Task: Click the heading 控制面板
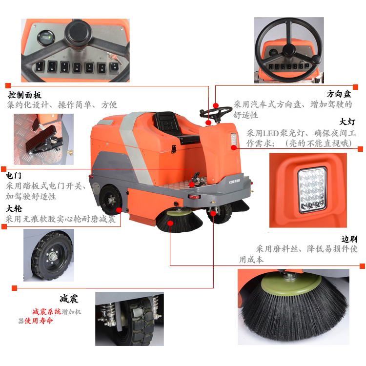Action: coord(25,95)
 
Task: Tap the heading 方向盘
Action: coord(339,94)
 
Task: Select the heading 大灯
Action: coord(347,122)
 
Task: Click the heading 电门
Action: coord(14,176)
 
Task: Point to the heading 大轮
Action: coord(14,208)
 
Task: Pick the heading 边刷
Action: coord(349,239)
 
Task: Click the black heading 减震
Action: coord(69,299)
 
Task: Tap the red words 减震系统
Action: coord(47,311)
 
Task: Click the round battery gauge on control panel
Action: coord(46,38)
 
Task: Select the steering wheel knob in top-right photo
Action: coord(316,59)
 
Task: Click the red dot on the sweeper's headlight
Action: coord(234,147)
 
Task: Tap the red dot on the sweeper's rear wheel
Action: coord(119,210)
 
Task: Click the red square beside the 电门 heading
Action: coord(3,169)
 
